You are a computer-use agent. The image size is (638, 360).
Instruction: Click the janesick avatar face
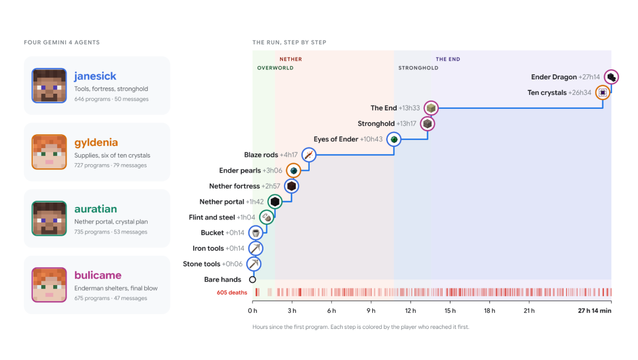click(x=49, y=85)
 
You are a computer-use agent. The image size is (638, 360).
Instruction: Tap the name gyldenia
click(x=96, y=143)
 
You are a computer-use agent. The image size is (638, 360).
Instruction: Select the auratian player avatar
click(x=49, y=219)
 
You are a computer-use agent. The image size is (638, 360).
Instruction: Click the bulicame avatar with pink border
click(x=49, y=285)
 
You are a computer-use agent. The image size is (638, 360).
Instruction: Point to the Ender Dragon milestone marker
click(x=611, y=77)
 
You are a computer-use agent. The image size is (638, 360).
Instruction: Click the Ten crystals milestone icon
click(x=602, y=93)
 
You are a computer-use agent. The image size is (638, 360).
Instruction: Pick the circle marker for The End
click(x=431, y=108)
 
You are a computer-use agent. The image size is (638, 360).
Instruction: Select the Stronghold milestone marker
click(x=427, y=124)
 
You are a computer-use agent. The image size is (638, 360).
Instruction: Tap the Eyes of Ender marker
click(x=394, y=140)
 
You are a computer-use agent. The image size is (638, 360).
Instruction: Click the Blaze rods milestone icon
click(x=309, y=155)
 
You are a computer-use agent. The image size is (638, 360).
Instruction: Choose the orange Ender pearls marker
click(x=293, y=170)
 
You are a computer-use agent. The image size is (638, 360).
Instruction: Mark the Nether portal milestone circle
click(x=275, y=202)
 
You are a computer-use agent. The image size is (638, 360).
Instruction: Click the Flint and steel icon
click(x=266, y=217)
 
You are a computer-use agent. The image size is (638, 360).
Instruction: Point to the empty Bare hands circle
click(x=252, y=280)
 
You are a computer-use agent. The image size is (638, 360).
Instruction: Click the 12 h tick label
click(x=411, y=311)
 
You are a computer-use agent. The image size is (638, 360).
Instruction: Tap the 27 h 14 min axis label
click(x=595, y=311)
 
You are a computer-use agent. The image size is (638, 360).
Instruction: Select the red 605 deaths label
click(x=232, y=292)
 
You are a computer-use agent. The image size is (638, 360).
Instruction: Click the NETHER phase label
click(x=291, y=59)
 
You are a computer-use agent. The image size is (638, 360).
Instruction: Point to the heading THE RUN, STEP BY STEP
click(x=289, y=42)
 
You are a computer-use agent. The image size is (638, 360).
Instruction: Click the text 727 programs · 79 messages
click(x=110, y=165)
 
